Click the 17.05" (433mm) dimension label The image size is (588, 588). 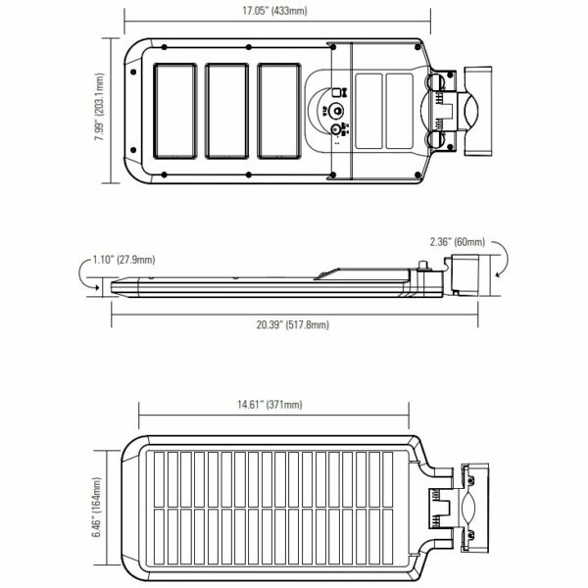274,11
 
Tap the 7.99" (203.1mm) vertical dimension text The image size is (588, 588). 99,107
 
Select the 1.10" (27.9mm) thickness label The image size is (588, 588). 123,260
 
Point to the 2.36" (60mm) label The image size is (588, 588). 457,242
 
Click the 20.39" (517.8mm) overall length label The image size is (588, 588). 292,324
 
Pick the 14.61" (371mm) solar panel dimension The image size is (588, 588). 269,404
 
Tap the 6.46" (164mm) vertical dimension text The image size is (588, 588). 97,507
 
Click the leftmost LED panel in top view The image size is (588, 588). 175,111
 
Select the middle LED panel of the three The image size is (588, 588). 227,111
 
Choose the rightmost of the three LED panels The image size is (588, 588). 279,111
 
